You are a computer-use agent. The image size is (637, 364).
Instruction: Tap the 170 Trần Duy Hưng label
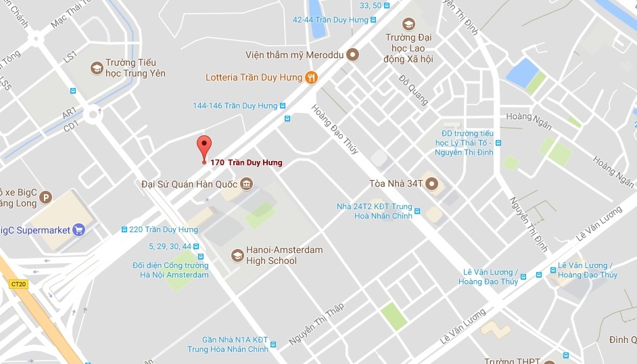(x=246, y=162)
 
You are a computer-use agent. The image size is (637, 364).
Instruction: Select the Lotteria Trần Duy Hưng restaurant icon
(x=311, y=78)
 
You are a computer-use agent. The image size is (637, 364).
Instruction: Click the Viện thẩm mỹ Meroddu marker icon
(x=352, y=55)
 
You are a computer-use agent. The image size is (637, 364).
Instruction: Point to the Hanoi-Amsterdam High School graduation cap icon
(x=237, y=255)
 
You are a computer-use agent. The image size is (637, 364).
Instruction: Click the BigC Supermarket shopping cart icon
(x=78, y=230)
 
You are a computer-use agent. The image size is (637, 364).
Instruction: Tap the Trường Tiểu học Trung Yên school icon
(x=97, y=68)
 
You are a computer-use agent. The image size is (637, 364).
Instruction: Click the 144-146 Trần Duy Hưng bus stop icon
(x=283, y=106)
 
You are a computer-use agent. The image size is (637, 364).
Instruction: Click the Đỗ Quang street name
(x=413, y=90)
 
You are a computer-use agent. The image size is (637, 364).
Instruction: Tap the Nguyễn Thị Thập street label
(x=316, y=324)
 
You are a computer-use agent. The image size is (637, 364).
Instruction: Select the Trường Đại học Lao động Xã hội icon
(x=408, y=24)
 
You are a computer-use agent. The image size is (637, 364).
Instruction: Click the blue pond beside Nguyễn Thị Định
(x=521, y=72)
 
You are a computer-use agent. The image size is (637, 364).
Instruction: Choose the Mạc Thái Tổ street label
(x=70, y=14)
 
